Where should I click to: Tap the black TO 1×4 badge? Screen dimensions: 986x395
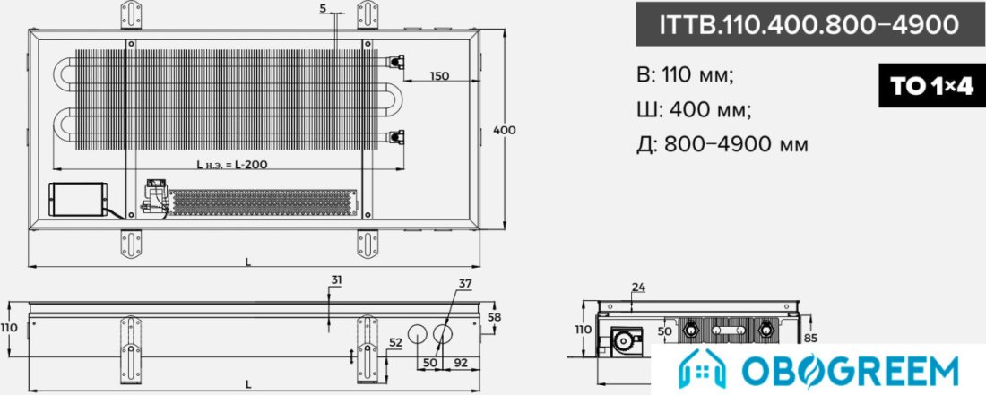[x=932, y=85]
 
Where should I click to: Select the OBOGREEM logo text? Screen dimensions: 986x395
[x=851, y=371]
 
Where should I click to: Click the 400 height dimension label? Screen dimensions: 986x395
[x=505, y=130]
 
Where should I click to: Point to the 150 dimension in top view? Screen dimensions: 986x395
[x=439, y=76]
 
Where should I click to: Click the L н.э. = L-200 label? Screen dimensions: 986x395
[x=232, y=165]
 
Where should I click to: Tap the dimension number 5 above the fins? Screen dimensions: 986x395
[x=323, y=8]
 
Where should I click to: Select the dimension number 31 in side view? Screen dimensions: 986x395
[x=336, y=281]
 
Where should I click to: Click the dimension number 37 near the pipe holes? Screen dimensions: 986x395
[x=464, y=284]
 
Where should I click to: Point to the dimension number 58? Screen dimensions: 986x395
[x=495, y=317]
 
